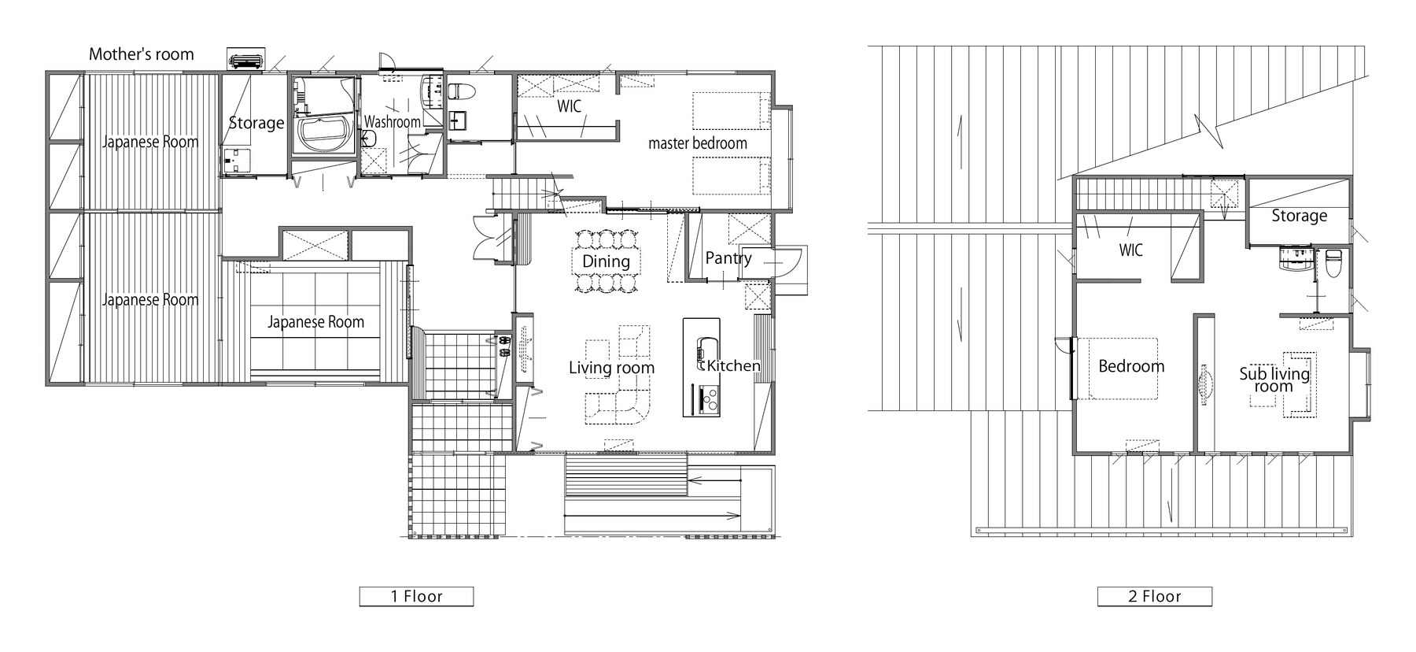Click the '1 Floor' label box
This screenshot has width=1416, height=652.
pyautogui.click(x=416, y=596)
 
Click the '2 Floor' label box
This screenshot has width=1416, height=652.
pyautogui.click(x=1154, y=596)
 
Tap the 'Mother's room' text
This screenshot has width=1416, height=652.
pyautogui.click(x=141, y=54)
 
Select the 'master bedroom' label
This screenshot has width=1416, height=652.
pyautogui.click(x=697, y=143)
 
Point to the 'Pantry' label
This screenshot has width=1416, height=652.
pyautogui.click(x=728, y=258)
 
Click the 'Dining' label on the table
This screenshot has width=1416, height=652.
pyautogui.click(x=606, y=261)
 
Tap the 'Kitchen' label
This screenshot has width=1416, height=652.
pyautogui.click(x=733, y=365)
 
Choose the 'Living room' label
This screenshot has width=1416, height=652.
pyautogui.click(x=611, y=368)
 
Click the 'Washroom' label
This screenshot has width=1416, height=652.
pyautogui.click(x=393, y=122)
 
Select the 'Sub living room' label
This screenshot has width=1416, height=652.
pyautogui.click(x=1274, y=380)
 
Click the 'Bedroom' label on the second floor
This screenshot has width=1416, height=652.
pyautogui.click(x=1131, y=366)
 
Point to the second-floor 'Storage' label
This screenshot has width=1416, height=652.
pyautogui.click(x=1299, y=216)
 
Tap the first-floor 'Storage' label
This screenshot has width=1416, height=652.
pyautogui.click(x=256, y=123)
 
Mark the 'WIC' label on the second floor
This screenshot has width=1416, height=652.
pyautogui.click(x=1130, y=251)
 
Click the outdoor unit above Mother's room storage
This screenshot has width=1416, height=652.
pyautogui.click(x=246, y=59)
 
